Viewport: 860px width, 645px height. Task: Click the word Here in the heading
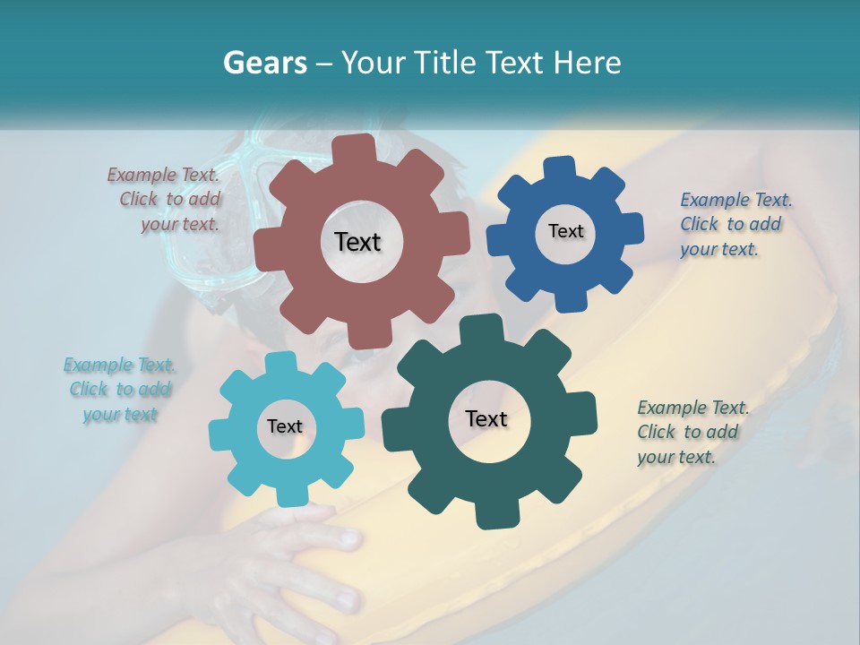pyautogui.click(x=587, y=63)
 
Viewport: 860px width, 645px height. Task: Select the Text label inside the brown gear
pyautogui.click(x=357, y=242)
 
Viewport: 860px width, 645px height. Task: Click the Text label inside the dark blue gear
pyautogui.click(x=565, y=231)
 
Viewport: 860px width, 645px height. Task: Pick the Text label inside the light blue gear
pyautogui.click(x=285, y=426)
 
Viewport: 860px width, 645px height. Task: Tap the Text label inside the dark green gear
pyautogui.click(x=486, y=418)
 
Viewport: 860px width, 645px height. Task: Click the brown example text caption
pyautogui.click(x=166, y=200)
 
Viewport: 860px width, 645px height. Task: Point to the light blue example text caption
pyautogui.click(x=120, y=390)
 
